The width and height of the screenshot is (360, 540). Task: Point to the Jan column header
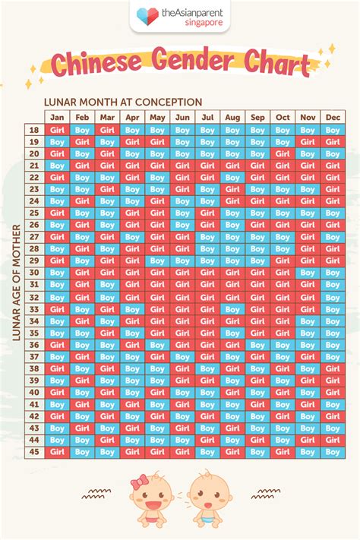[57, 117]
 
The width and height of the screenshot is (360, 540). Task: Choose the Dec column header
[333, 117]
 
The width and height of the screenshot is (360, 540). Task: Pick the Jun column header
[182, 117]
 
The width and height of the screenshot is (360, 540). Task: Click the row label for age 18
[33, 130]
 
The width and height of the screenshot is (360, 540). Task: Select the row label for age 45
[33, 451]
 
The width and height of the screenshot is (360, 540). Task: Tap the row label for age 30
[33, 273]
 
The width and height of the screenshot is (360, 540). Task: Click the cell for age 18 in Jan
[57, 130]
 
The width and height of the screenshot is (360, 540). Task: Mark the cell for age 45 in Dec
[333, 451]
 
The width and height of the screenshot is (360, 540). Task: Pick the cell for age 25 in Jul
[207, 213]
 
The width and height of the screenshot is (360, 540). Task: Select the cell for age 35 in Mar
[107, 332]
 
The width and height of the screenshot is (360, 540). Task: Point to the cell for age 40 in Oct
[283, 392]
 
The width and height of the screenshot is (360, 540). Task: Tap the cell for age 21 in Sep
[257, 166]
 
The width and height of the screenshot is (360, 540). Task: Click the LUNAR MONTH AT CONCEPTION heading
[123, 102]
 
